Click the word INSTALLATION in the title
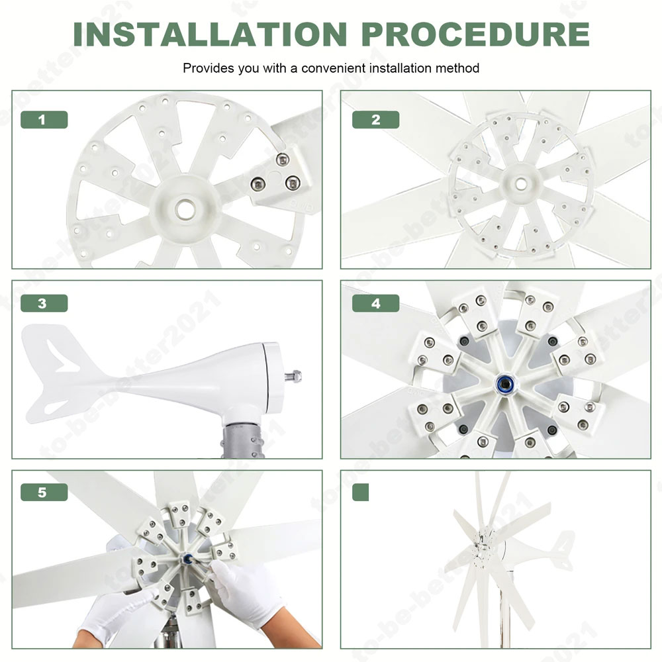(x=210, y=34)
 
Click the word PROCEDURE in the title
(x=475, y=34)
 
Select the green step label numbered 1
(x=44, y=119)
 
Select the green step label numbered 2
(x=376, y=119)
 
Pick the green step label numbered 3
(x=44, y=303)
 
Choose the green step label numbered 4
(x=376, y=303)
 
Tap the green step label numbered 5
(x=44, y=493)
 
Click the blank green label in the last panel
(x=361, y=493)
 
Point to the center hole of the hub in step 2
(x=520, y=183)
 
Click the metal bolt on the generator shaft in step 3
(x=293, y=375)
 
